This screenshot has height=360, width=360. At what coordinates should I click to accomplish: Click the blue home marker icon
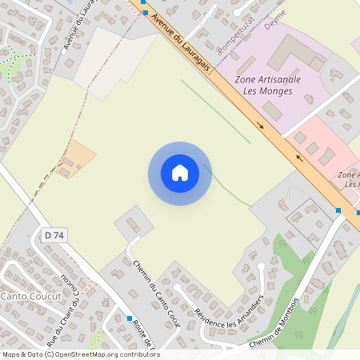tap(180, 173)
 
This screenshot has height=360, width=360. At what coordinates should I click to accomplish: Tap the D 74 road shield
tap(54, 234)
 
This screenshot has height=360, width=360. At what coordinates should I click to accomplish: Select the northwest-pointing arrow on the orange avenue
tap(301, 158)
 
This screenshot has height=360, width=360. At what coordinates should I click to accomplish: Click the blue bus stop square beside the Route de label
tap(130, 318)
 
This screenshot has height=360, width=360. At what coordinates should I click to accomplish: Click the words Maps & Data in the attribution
tap(22, 354)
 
